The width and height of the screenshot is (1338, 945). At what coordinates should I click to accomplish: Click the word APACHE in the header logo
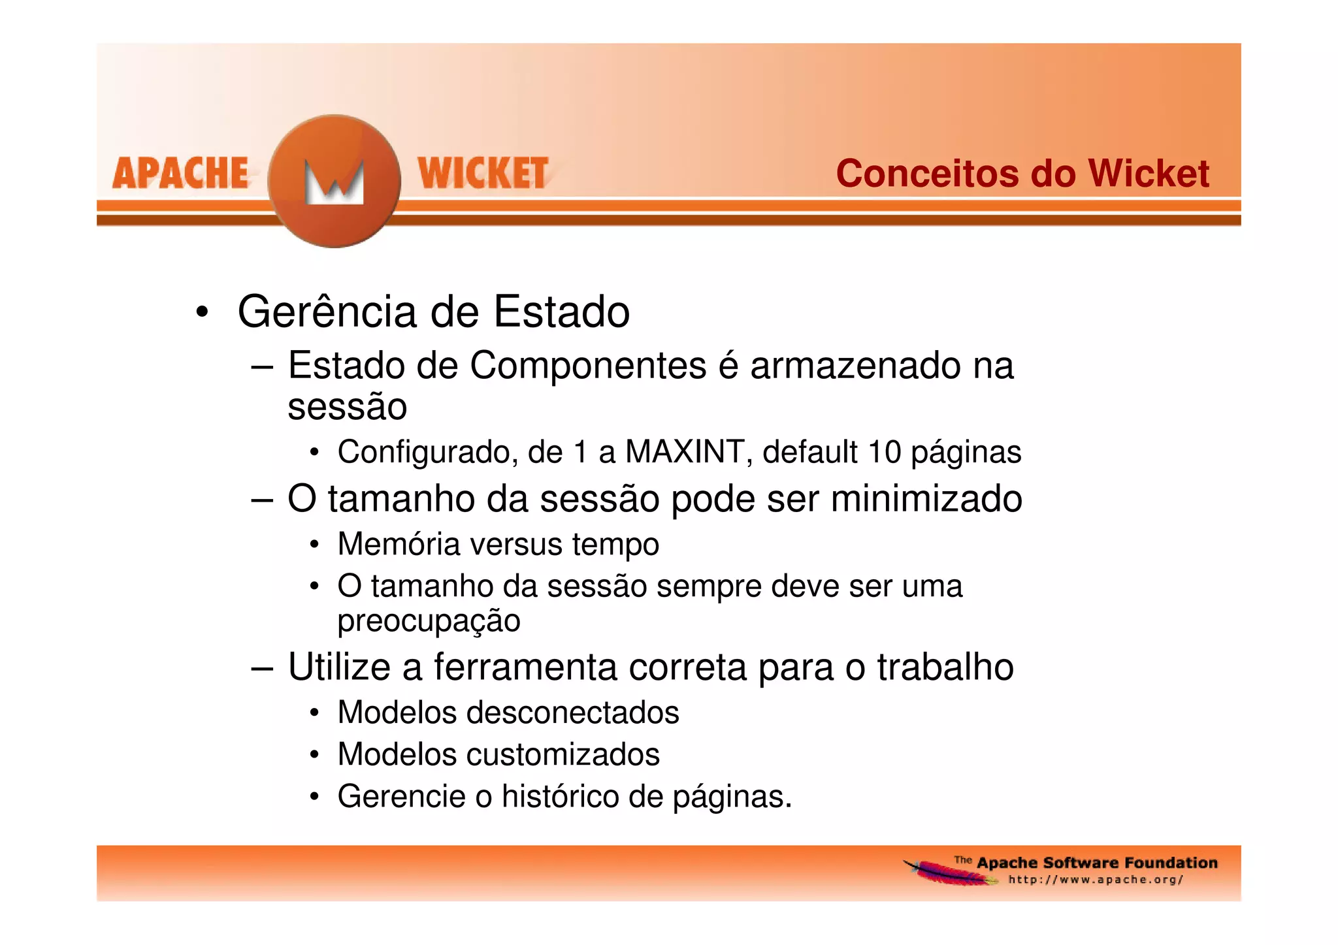180,174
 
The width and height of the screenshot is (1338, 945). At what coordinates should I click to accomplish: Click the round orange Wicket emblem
334,182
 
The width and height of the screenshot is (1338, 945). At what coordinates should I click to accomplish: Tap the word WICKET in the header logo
483,174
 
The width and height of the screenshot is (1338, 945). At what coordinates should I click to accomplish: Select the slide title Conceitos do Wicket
1022,174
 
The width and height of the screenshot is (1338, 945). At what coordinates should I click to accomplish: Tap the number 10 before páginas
885,452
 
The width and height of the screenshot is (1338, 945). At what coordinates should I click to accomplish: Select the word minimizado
926,499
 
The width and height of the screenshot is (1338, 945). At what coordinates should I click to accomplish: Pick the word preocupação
429,621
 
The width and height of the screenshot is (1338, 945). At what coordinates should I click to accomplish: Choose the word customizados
563,755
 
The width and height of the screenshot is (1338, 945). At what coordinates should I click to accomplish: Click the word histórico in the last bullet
560,797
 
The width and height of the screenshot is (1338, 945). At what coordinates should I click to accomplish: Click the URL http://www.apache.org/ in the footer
1096,880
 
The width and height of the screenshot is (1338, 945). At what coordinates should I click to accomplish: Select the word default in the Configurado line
809,452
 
